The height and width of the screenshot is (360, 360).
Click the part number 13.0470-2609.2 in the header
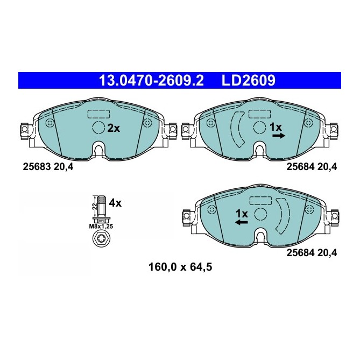151,81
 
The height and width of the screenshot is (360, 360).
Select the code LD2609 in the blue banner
249,81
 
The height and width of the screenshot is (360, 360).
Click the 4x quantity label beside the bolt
115,203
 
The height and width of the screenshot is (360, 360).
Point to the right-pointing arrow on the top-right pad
278,137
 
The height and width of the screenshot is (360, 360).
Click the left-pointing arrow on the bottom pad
242,222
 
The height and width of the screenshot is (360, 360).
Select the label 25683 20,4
47,167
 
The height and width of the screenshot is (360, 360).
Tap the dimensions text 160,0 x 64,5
180,266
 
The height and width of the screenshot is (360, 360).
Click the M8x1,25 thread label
100,227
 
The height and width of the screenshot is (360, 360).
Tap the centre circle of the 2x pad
98,128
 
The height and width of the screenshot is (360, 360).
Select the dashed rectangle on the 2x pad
98,114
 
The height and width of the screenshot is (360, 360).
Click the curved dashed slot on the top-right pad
237,129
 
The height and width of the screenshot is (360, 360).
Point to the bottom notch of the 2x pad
98,149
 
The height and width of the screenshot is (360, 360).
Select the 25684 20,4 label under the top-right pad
312,167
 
